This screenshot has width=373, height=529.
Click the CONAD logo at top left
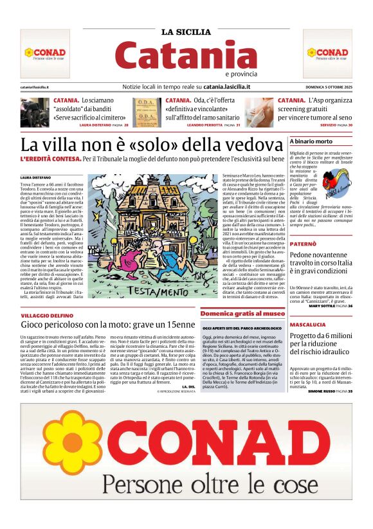[x=44, y=53]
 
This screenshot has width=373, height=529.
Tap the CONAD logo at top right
[x=327, y=53]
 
